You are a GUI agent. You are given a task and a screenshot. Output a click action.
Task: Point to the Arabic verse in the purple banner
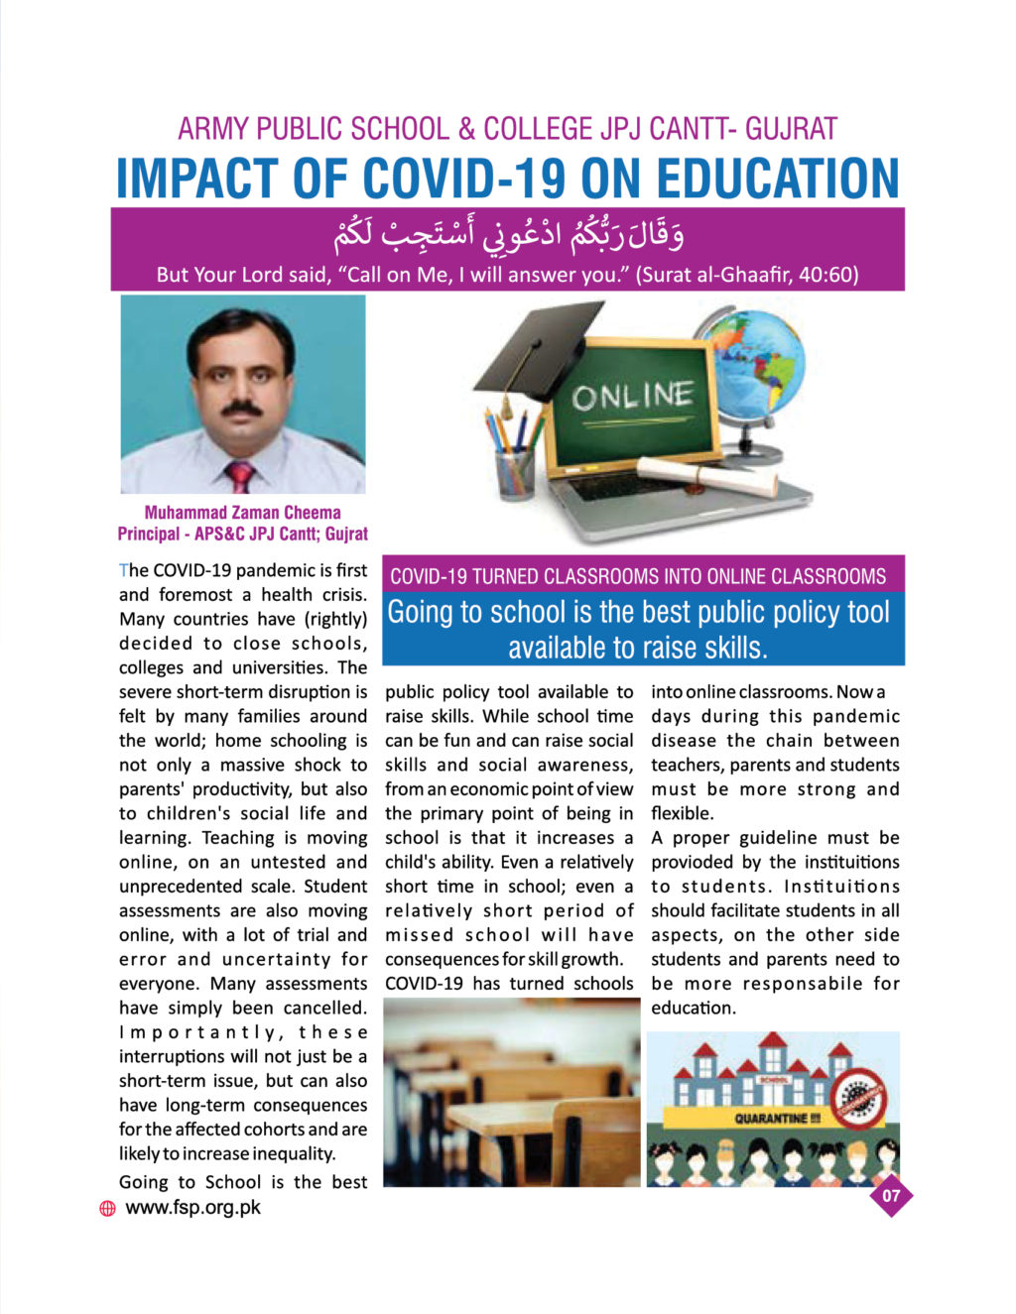(507, 236)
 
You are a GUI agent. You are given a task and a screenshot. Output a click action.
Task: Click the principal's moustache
(241, 408)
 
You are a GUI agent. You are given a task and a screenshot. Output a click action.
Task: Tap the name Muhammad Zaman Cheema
(242, 513)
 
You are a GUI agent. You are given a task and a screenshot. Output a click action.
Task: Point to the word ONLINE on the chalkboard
(632, 397)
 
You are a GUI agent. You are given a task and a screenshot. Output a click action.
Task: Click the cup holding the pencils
(515, 472)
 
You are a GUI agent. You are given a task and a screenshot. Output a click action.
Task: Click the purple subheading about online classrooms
(638, 576)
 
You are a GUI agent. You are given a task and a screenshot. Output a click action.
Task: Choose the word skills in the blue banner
(732, 648)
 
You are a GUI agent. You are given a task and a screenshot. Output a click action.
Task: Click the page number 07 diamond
(891, 1195)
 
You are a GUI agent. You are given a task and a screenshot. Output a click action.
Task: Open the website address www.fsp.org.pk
(192, 1207)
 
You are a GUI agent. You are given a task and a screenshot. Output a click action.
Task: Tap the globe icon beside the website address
(107, 1208)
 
